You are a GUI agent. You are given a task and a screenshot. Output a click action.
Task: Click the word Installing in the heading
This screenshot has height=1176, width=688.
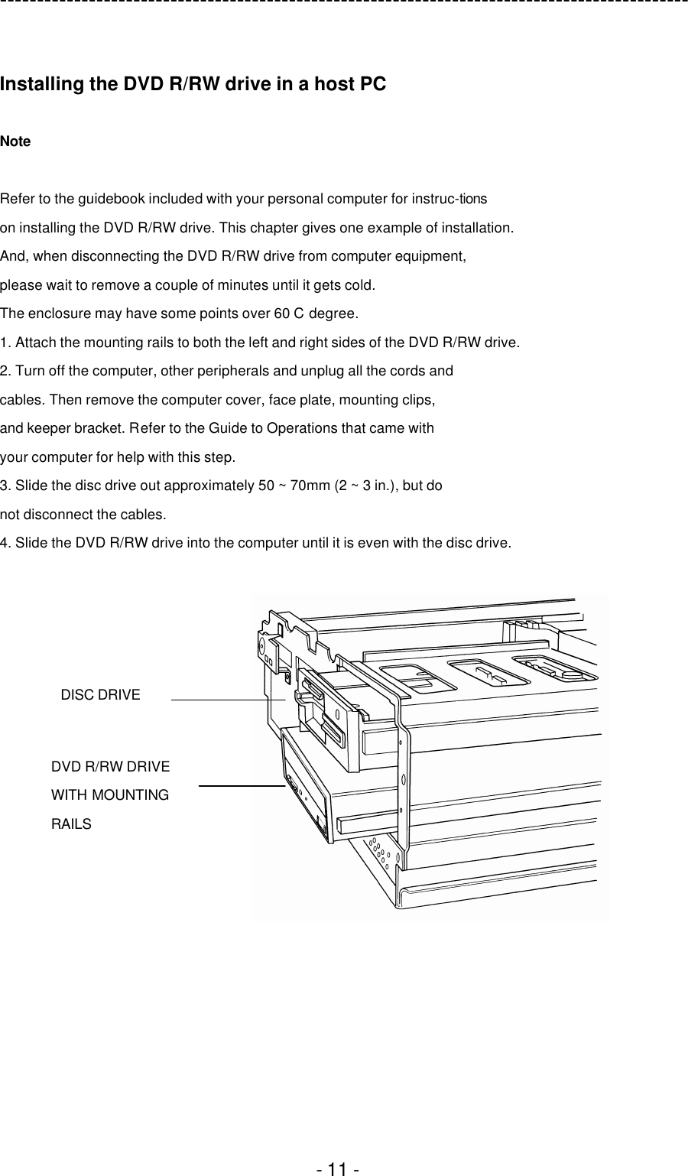click(43, 85)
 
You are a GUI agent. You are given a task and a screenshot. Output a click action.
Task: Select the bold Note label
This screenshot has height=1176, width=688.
click(15, 141)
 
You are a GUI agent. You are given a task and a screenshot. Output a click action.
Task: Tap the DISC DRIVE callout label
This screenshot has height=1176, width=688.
click(100, 695)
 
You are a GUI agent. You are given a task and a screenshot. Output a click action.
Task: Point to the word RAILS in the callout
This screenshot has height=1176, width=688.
click(71, 824)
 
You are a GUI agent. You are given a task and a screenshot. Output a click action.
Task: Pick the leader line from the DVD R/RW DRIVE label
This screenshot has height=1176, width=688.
click(242, 785)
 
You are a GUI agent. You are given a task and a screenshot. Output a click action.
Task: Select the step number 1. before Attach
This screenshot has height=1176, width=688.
click(6, 343)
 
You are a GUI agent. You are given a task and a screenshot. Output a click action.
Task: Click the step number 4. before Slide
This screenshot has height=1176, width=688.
click(6, 544)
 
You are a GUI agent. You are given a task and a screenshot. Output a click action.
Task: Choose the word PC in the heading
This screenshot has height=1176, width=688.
click(372, 85)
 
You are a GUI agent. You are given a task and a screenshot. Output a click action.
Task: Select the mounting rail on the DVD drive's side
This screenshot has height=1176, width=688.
click(367, 824)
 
